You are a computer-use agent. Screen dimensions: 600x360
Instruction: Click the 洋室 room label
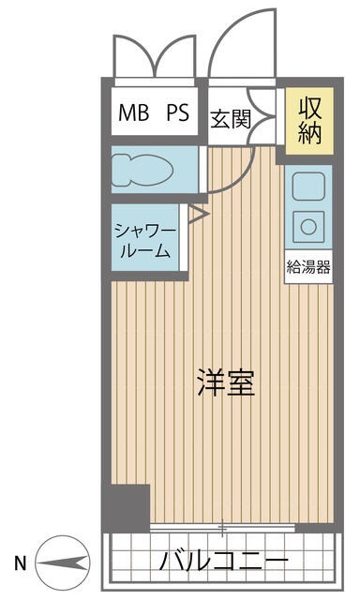click(x=226, y=383)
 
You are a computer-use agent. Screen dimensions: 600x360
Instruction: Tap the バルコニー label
click(x=223, y=563)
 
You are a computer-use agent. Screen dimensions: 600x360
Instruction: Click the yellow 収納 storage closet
click(x=310, y=120)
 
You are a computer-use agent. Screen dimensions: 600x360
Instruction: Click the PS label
click(x=178, y=114)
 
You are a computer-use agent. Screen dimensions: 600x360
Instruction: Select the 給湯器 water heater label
click(x=308, y=266)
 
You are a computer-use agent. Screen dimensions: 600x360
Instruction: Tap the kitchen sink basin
click(x=307, y=186)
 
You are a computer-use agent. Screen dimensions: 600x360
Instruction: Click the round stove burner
click(x=307, y=225)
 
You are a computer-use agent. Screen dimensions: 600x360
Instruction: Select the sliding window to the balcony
click(x=223, y=529)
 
